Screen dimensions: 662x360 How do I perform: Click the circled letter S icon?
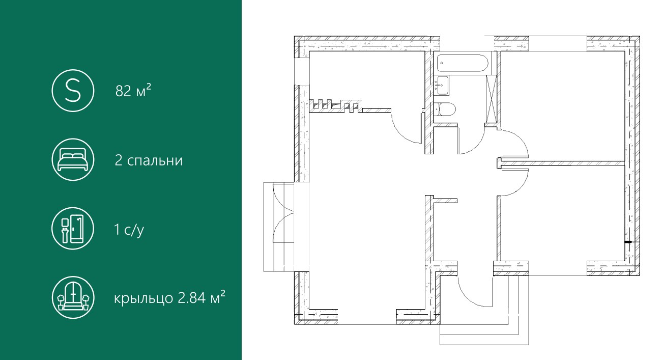73,91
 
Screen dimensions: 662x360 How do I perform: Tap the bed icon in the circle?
73,159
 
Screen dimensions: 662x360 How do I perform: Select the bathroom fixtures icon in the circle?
73,228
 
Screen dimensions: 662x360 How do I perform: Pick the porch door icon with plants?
73,297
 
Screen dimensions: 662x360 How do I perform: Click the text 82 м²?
133,91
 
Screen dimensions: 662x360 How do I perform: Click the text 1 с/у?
129,230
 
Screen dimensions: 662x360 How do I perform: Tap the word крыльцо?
143,298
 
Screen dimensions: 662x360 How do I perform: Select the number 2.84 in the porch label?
191,297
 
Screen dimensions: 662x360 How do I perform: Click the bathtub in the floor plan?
462,63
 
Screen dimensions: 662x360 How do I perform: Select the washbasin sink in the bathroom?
442,86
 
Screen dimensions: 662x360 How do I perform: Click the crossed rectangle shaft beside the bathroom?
492,99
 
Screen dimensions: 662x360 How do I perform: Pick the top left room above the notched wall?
367,75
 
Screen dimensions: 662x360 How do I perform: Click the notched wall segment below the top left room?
335,106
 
